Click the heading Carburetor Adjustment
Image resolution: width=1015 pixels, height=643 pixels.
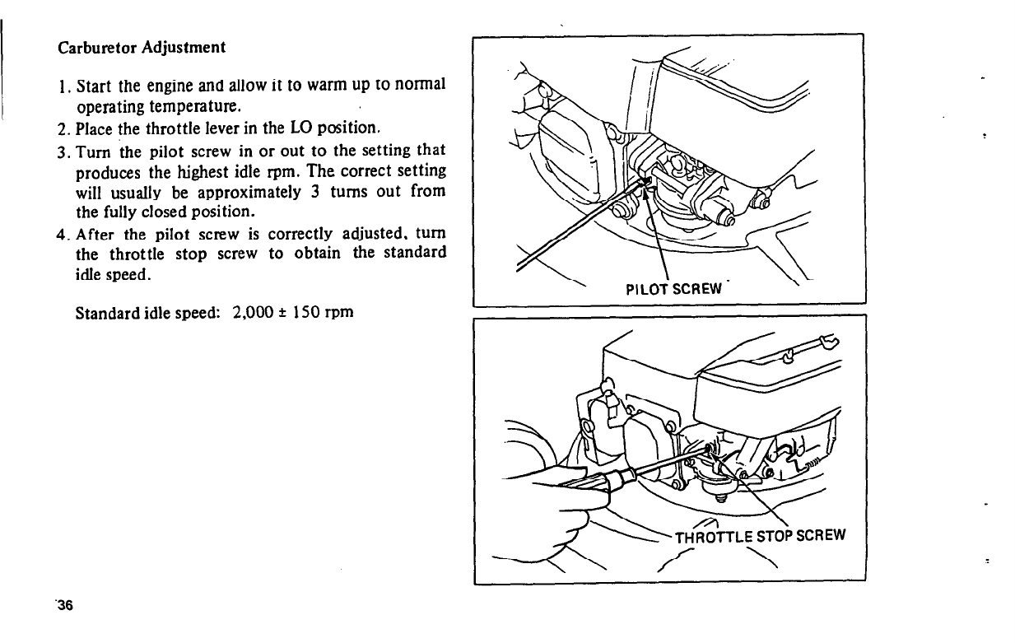click(142, 47)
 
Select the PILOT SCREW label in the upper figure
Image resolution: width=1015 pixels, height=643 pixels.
click(673, 288)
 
